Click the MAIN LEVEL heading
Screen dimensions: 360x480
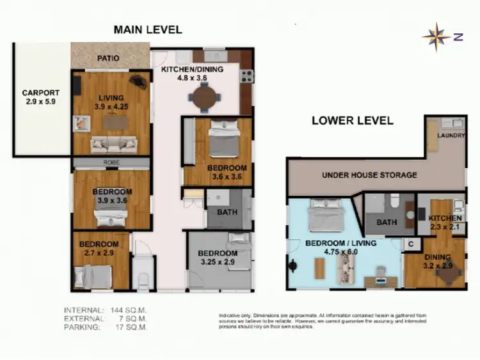pos(148,29)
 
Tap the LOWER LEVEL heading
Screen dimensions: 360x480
pos(352,120)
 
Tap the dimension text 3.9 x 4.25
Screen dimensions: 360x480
pos(110,106)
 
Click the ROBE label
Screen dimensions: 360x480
pos(111,163)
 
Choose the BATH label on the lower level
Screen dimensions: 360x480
pos(386,222)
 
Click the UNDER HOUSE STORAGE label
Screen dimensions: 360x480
pos(369,175)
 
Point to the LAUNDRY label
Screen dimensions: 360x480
pos(451,136)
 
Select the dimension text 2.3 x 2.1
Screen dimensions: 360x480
pos(440,227)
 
